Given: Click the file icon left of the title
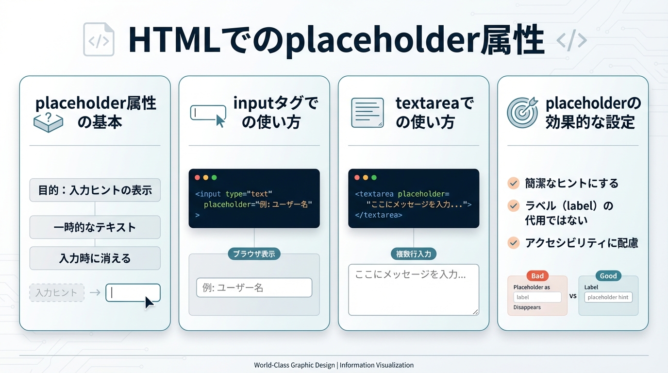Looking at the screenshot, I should [x=99, y=39].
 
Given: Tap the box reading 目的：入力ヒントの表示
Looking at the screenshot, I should [x=95, y=190].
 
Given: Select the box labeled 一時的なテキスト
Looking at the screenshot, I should [x=95, y=227].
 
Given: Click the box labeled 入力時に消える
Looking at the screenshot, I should [x=95, y=258].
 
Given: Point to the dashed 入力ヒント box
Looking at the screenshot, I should [x=57, y=293].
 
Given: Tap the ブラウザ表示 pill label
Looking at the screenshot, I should [x=254, y=254].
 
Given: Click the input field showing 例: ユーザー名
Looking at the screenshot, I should [x=254, y=288].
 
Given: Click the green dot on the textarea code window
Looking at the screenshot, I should [x=374, y=178].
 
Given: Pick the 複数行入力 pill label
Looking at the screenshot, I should [x=414, y=254].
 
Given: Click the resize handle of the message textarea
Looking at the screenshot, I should [x=475, y=312].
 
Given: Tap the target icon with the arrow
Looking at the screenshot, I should [x=522, y=112].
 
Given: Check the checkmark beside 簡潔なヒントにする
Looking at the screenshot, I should [x=513, y=183].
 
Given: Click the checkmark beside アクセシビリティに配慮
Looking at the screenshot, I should [x=513, y=242].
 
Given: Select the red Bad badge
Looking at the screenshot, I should [x=537, y=276].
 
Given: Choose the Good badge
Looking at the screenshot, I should [x=608, y=276].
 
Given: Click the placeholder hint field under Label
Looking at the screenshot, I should [x=608, y=297].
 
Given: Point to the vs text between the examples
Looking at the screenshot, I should [x=573, y=296].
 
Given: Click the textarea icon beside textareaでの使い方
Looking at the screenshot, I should [x=367, y=113].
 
